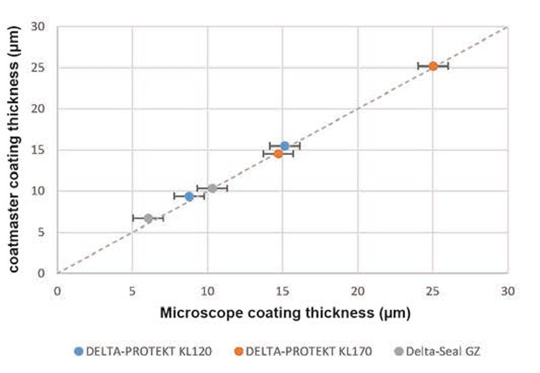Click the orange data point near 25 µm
click(x=433, y=66)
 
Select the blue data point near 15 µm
click(x=285, y=146)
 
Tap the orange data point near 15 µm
click(x=278, y=154)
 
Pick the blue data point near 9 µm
click(x=189, y=196)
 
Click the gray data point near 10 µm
click(x=212, y=188)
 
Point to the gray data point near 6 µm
click(x=148, y=218)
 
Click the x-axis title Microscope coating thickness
click(x=285, y=314)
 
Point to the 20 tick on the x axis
click(x=358, y=291)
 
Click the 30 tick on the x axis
click(x=508, y=291)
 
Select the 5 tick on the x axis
click(x=132, y=291)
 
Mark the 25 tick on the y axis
click(x=42, y=67)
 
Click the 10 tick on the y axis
click(x=42, y=191)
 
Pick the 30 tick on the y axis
click(x=42, y=26)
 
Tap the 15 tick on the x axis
click(x=283, y=291)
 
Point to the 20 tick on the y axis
click(x=42, y=109)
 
